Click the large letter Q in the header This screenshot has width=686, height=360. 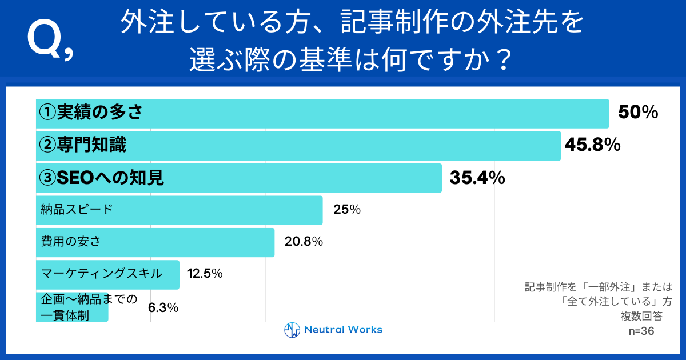coord(45,40)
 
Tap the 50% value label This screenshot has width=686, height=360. coord(638,113)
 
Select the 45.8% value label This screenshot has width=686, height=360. coord(592,146)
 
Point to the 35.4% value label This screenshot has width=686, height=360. coord(477,178)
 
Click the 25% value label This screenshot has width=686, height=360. coord(347,210)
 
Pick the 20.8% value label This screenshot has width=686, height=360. coord(304,242)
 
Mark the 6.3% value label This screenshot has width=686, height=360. coord(163,307)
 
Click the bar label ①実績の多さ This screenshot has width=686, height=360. coord(90,113)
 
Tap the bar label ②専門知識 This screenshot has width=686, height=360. coord(82,146)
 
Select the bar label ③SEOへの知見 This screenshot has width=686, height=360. coord(101,178)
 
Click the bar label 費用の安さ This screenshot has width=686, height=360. coord(67,241)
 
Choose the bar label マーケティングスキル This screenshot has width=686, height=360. coord(101,273)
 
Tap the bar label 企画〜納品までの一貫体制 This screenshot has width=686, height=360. coord(89,306)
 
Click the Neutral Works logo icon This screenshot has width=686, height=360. coord(292,330)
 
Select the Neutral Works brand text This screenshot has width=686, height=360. coord(343,330)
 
